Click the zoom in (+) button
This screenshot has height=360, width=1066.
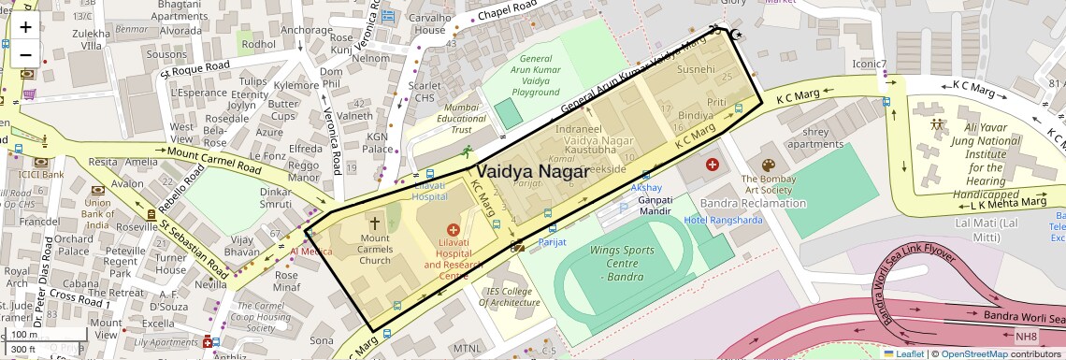click(25, 27)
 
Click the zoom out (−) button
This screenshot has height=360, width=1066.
click(25, 54)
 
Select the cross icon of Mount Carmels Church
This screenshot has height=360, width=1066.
click(375, 224)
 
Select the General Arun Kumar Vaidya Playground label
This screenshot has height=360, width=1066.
click(536, 76)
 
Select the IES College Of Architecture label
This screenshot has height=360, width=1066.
click(510, 296)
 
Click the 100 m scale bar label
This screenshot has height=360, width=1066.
click(25, 334)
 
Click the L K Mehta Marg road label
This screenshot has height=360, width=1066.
click(1007, 202)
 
